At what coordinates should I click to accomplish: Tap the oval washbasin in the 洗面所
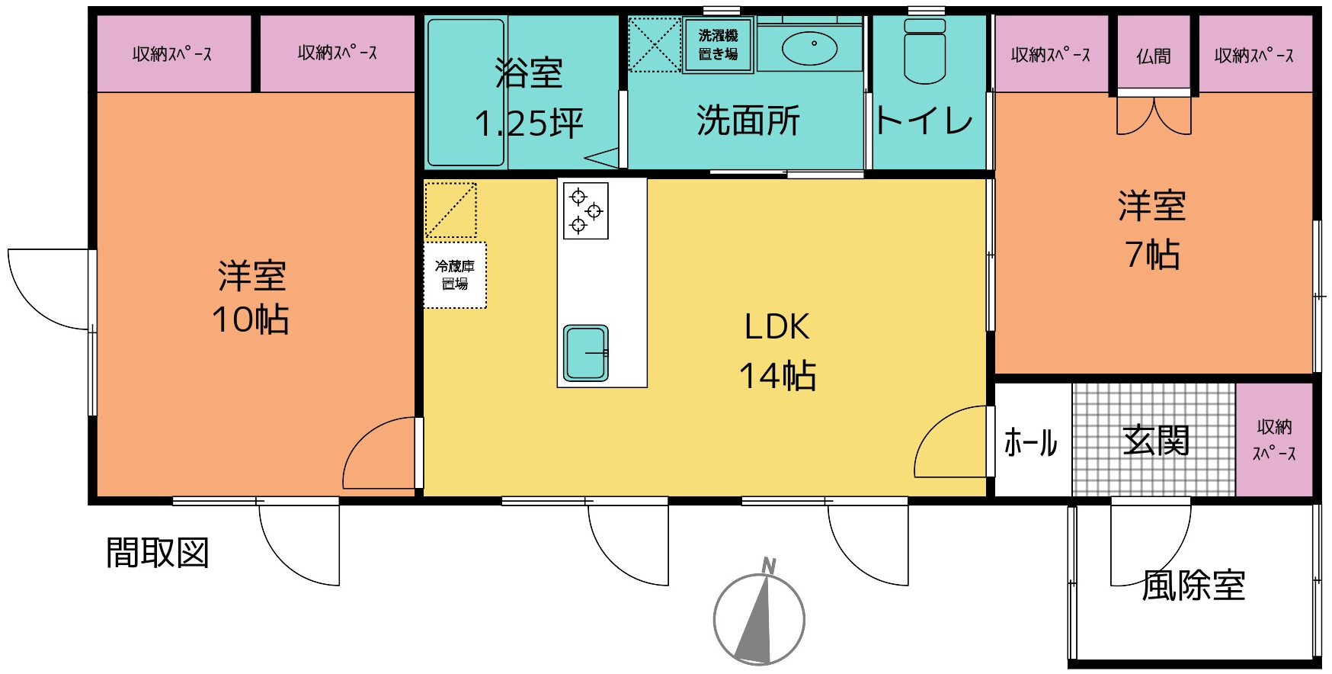[x=809, y=48]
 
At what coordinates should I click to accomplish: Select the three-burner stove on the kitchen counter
[x=585, y=210]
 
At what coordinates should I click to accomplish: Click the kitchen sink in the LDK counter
[x=586, y=353]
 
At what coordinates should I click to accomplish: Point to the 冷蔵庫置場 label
[x=455, y=274]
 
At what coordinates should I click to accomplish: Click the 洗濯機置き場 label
[x=718, y=44]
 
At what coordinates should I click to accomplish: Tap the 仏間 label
[x=1153, y=56]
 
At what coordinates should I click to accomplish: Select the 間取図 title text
[x=157, y=553]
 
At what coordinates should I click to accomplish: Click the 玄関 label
[x=1156, y=440]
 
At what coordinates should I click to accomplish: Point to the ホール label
[x=1030, y=442]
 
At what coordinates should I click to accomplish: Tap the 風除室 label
[x=1193, y=586]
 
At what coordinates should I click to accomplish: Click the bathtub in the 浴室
[x=466, y=92]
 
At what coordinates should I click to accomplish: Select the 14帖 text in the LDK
[x=777, y=375]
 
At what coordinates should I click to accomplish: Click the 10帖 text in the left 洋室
[x=250, y=319]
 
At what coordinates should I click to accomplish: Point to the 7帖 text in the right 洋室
[x=1152, y=254]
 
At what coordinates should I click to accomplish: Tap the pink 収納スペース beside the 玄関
[x=1274, y=439]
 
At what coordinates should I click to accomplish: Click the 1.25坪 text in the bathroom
[x=529, y=123]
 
